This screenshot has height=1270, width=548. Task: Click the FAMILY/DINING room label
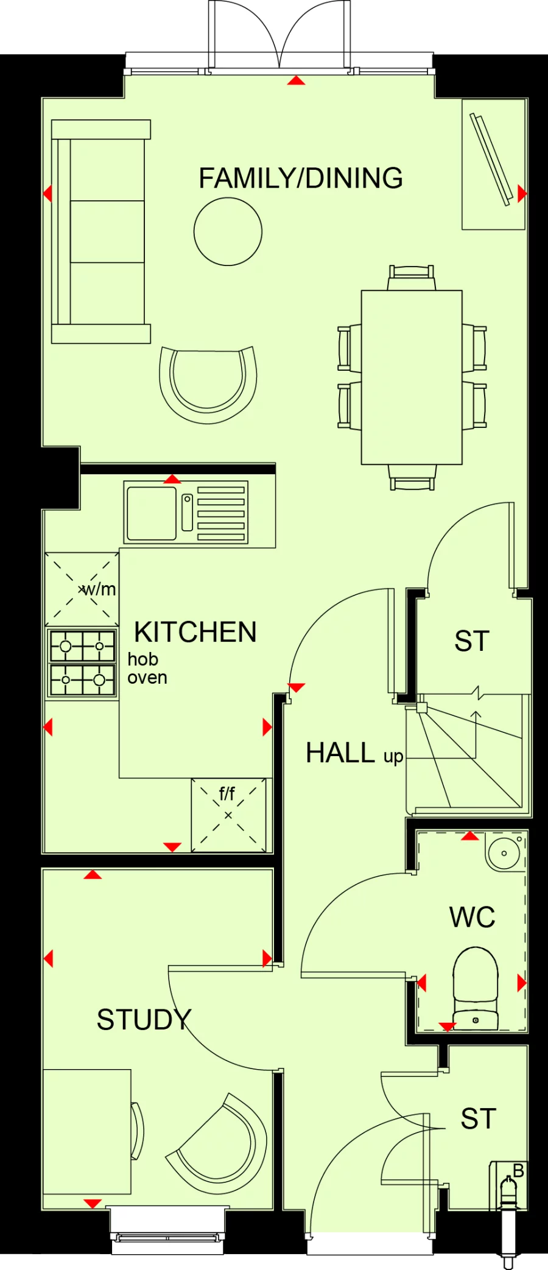[x=301, y=178]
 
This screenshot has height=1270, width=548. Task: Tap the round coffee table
[x=228, y=231]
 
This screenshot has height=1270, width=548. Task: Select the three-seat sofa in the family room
[x=101, y=231]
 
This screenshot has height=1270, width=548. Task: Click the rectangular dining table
[x=412, y=377]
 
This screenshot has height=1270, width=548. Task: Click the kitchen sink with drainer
[x=186, y=512]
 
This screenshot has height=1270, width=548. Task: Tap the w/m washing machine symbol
[x=82, y=589]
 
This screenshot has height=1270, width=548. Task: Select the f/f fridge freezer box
[x=228, y=815]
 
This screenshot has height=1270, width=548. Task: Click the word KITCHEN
[x=195, y=632]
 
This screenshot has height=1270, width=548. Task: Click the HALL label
[x=340, y=753]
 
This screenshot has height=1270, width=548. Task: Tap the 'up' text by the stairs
[x=393, y=757]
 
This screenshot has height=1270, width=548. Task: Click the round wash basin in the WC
[x=504, y=852]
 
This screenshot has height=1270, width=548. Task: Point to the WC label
[x=472, y=917]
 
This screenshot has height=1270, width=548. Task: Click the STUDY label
[x=144, y=1020]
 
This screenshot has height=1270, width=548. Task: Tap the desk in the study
[x=86, y=1131]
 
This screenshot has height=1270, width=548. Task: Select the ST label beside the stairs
[x=472, y=641]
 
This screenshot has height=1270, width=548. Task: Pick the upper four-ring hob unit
[x=82, y=646]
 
